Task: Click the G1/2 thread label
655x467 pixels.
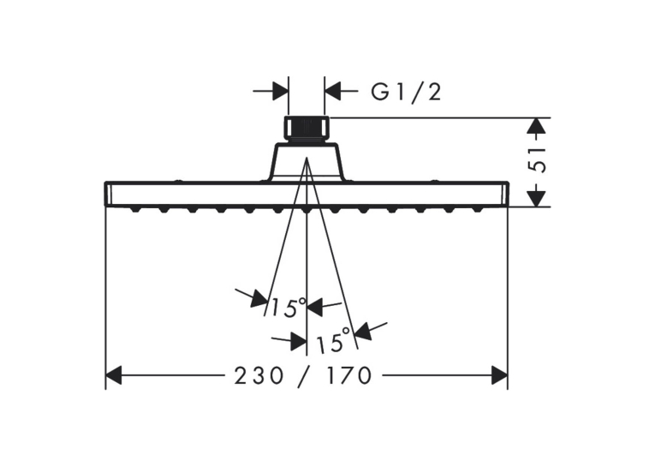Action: (406, 92)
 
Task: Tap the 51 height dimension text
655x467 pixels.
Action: (537, 159)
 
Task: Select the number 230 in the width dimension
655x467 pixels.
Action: (259, 375)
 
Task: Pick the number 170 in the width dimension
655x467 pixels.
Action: (348, 375)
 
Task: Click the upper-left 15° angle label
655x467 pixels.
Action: (289, 308)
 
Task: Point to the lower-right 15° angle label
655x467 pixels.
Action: (334, 339)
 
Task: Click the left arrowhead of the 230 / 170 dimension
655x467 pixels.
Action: (113, 375)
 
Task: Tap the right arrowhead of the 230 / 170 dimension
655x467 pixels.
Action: (500, 375)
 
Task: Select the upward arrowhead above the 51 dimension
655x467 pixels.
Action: (537, 126)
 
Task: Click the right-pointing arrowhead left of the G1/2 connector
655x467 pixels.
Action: (280, 91)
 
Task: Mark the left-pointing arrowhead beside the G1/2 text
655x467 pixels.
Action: (333, 91)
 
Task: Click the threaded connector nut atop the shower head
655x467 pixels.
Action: (307, 129)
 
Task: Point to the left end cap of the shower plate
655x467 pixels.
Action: (108, 194)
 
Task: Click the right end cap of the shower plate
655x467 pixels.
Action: (505, 194)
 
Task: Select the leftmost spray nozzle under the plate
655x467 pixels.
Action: (135, 209)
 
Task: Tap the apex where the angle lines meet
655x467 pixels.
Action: (307, 158)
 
